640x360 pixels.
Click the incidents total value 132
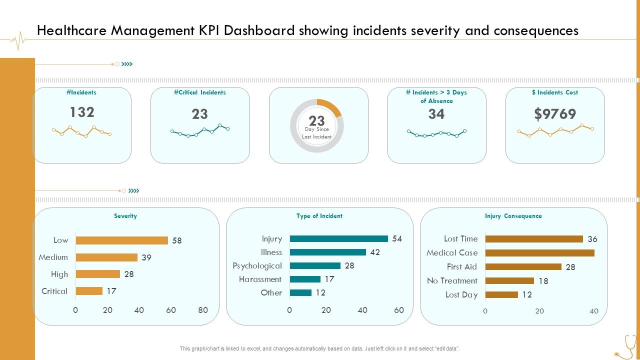(82, 112)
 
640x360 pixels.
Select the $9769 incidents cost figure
(555, 114)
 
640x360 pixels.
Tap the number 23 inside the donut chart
(316, 121)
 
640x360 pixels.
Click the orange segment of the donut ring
(330, 107)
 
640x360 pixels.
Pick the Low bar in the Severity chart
(121, 240)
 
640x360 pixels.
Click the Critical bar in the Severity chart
(89, 291)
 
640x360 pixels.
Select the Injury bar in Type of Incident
(338, 239)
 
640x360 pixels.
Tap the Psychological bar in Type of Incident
(315, 266)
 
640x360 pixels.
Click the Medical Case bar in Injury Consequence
(539, 253)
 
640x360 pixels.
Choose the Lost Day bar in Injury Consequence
(501, 295)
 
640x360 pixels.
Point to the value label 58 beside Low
(177, 240)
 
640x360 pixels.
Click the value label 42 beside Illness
(375, 252)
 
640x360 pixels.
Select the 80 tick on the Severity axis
(202, 310)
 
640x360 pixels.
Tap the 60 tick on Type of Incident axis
(398, 310)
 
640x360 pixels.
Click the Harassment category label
(260, 279)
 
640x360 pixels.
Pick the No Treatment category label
(452, 281)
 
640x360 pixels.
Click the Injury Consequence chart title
(513, 216)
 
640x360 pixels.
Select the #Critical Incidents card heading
(200, 92)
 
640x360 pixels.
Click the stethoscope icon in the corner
(626, 347)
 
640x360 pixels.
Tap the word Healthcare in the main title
(72, 31)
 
